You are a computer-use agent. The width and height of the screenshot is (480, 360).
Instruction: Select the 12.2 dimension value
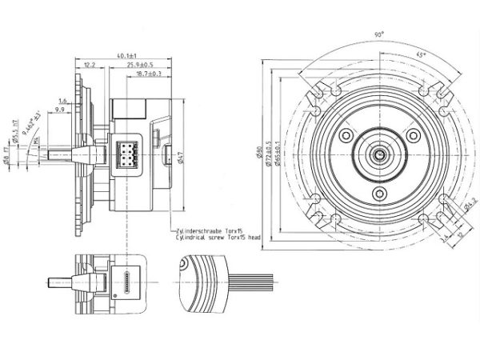point(89,64)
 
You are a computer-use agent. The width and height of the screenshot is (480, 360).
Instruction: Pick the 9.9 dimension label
point(60,110)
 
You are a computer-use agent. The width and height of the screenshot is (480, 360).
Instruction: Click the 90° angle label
point(377,34)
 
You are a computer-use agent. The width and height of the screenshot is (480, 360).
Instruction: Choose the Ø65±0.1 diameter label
point(276,151)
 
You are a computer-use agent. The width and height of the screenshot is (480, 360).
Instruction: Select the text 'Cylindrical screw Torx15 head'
point(216,238)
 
